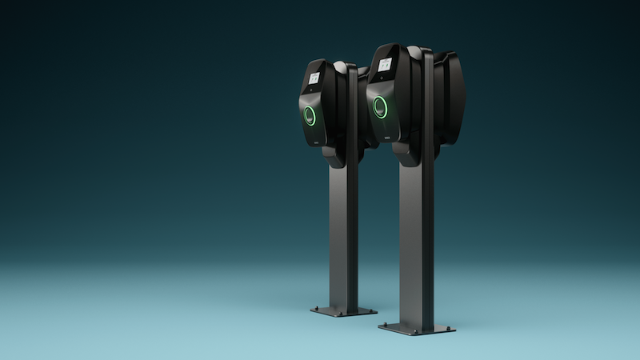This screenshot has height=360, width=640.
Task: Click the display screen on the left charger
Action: [x=314, y=78]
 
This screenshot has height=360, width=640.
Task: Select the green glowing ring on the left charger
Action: [x=309, y=116]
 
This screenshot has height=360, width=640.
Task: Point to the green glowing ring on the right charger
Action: [x=379, y=106]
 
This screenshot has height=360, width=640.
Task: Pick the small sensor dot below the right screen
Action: [x=381, y=80]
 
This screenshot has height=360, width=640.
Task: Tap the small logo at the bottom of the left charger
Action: [x=316, y=142]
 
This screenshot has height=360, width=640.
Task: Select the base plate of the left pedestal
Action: [x=343, y=311]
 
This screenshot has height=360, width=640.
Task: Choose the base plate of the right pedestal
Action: [x=416, y=328]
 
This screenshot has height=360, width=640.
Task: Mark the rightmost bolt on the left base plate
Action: [x=370, y=310]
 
